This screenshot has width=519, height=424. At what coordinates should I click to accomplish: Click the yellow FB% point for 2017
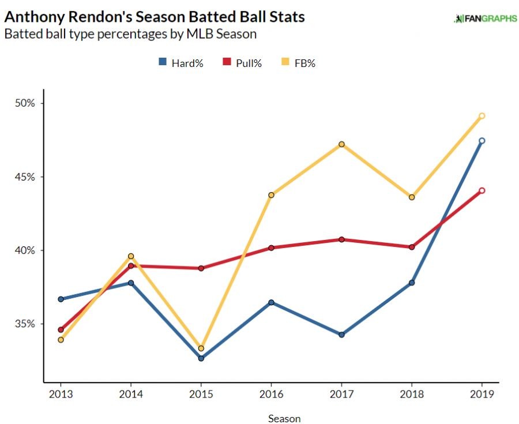pos(341,144)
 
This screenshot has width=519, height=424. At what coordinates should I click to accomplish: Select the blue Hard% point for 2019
pos(482,141)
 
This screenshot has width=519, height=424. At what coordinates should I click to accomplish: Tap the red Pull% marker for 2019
pos(482,190)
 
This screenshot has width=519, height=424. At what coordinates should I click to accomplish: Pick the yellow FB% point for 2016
pos(271,195)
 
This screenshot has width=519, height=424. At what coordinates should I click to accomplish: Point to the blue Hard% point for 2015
pos(201,358)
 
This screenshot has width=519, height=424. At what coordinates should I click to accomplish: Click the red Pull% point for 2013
pos(61,330)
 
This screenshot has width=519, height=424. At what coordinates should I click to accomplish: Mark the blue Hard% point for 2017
pos(341,335)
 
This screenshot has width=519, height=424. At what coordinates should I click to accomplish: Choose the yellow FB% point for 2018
pos(412,197)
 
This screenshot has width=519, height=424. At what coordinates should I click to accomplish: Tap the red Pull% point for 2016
pos(271,248)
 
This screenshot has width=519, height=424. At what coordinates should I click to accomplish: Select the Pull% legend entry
pos(242,63)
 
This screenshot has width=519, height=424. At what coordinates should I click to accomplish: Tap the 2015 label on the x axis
pos(201,395)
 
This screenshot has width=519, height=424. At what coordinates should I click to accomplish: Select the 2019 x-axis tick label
pos(482,395)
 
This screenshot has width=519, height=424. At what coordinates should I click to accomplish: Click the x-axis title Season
pos(284,418)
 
